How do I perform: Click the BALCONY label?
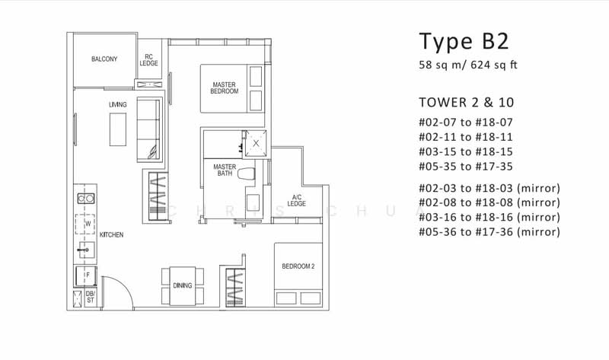pyautogui.click(x=104, y=59)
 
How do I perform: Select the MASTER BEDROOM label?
pyautogui.click(x=225, y=88)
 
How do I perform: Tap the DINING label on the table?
pyautogui.click(x=182, y=286)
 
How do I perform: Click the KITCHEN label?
pyautogui.click(x=111, y=235)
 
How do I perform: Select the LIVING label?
pyautogui.click(x=117, y=104)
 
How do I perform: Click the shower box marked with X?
pyautogui.click(x=256, y=142)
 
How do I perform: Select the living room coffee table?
pyautogui.click(x=117, y=129)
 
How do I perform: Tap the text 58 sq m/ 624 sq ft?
pyautogui.click(x=468, y=65)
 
